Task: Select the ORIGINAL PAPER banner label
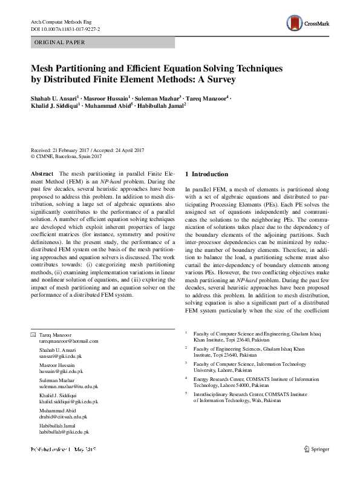59,43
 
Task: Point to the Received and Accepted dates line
88,150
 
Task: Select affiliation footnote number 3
186,362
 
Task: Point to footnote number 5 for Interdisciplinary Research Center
186,392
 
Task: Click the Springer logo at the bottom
319,466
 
